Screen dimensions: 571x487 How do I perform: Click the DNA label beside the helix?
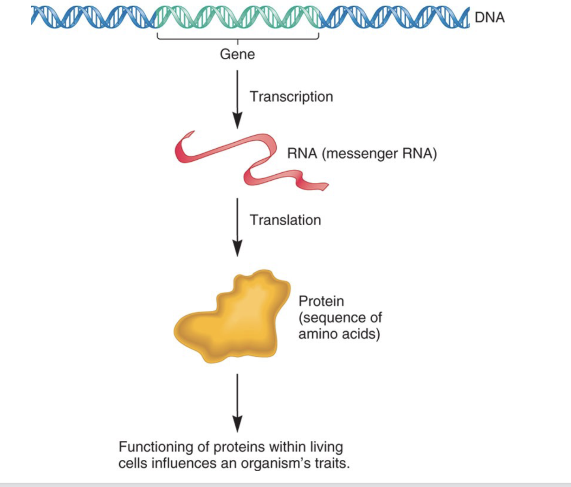point(490,17)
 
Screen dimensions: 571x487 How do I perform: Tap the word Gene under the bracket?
point(237,54)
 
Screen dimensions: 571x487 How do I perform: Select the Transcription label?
point(291,97)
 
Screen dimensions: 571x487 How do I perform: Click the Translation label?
point(285,220)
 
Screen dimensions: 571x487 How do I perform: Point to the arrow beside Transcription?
point(237,100)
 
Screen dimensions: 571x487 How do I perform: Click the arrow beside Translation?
point(237,227)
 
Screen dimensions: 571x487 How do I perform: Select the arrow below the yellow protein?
point(237,403)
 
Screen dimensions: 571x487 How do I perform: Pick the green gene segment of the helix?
point(237,17)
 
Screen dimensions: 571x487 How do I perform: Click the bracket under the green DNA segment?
point(238,39)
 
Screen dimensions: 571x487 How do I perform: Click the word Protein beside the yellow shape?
point(321,301)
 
